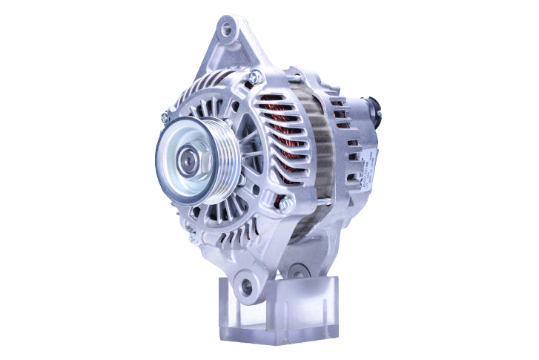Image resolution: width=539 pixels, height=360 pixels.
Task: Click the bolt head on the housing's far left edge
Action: [x=165, y=117]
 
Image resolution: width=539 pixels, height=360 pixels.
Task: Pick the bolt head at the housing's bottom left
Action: [x=193, y=238]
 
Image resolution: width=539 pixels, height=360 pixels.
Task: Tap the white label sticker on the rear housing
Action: [x=365, y=166]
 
